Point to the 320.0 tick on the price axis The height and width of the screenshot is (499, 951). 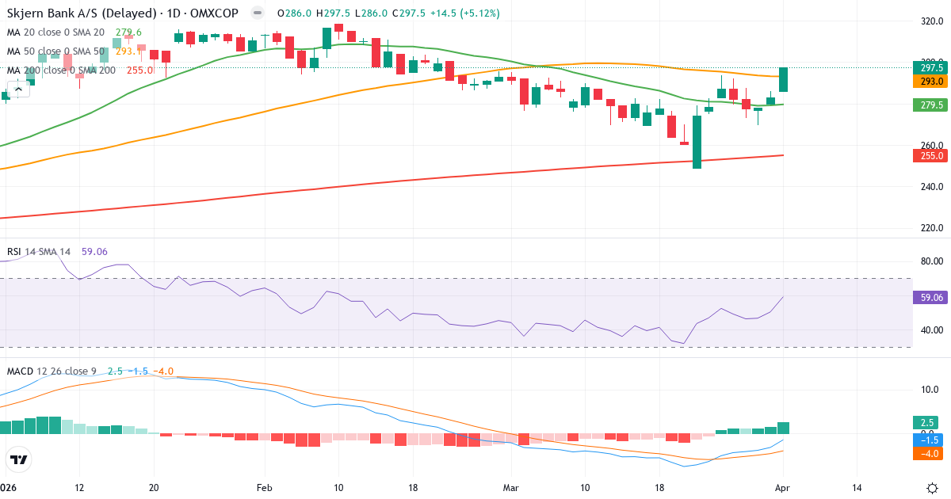tap(930, 21)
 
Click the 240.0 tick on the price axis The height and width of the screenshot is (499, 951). tap(930, 187)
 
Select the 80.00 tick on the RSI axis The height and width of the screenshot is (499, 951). tap(930, 261)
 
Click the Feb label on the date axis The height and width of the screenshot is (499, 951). tap(264, 488)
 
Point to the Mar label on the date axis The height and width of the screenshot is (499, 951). tap(511, 488)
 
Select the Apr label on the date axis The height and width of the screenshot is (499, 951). tap(782, 488)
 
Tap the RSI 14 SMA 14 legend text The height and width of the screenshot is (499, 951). tap(39, 252)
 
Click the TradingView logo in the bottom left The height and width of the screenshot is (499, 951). tap(18, 459)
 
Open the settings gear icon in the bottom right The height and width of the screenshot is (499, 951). tap(933, 488)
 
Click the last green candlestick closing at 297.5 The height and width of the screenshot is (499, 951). tap(784, 79)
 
